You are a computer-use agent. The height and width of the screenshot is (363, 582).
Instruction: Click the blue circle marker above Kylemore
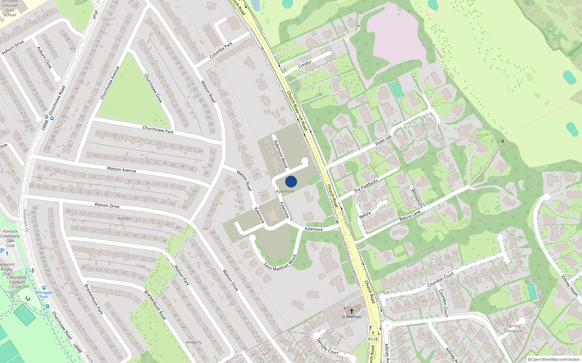pyautogui.click(x=291, y=181)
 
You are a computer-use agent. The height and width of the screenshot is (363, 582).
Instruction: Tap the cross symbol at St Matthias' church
pyautogui.click(x=351, y=311)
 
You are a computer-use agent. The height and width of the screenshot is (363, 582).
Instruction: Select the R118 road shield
pyautogui.click(x=373, y=339)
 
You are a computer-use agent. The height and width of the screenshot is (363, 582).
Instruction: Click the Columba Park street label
pyautogui.click(x=221, y=50)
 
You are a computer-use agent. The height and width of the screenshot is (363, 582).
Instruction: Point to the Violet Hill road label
pyautogui.click(x=383, y=140)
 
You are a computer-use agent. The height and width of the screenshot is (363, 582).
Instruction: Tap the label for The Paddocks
pyautogui.click(x=366, y=185)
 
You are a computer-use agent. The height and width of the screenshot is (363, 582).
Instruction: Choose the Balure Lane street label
pyautogui.click(x=410, y=216)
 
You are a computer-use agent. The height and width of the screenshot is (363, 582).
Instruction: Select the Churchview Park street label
pyautogui.click(x=158, y=130)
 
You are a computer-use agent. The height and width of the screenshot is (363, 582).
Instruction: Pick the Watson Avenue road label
pyautogui.click(x=121, y=169)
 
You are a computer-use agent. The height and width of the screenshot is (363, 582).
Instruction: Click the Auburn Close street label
pyautogui.click(x=44, y=57)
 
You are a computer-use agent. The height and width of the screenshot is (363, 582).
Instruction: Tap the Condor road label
pyautogui.click(x=305, y=64)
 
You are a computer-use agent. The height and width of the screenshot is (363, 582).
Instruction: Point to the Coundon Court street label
pyautogui.click(x=441, y=280)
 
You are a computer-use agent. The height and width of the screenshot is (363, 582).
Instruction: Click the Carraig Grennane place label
pyautogui.click(x=513, y=328)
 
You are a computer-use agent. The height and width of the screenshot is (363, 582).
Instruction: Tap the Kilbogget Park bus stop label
pyautogui.click(x=44, y=294)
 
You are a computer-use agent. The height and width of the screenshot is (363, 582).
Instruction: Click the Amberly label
pyautogui.click(x=194, y=342)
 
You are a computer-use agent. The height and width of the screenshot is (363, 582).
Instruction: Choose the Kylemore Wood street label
pyautogui.click(x=280, y=154)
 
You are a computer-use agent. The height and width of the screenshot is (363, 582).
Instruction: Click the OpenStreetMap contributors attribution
pyautogui.click(x=554, y=359)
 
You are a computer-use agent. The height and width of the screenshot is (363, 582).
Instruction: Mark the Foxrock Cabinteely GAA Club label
pyautogui.click(x=10, y=238)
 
